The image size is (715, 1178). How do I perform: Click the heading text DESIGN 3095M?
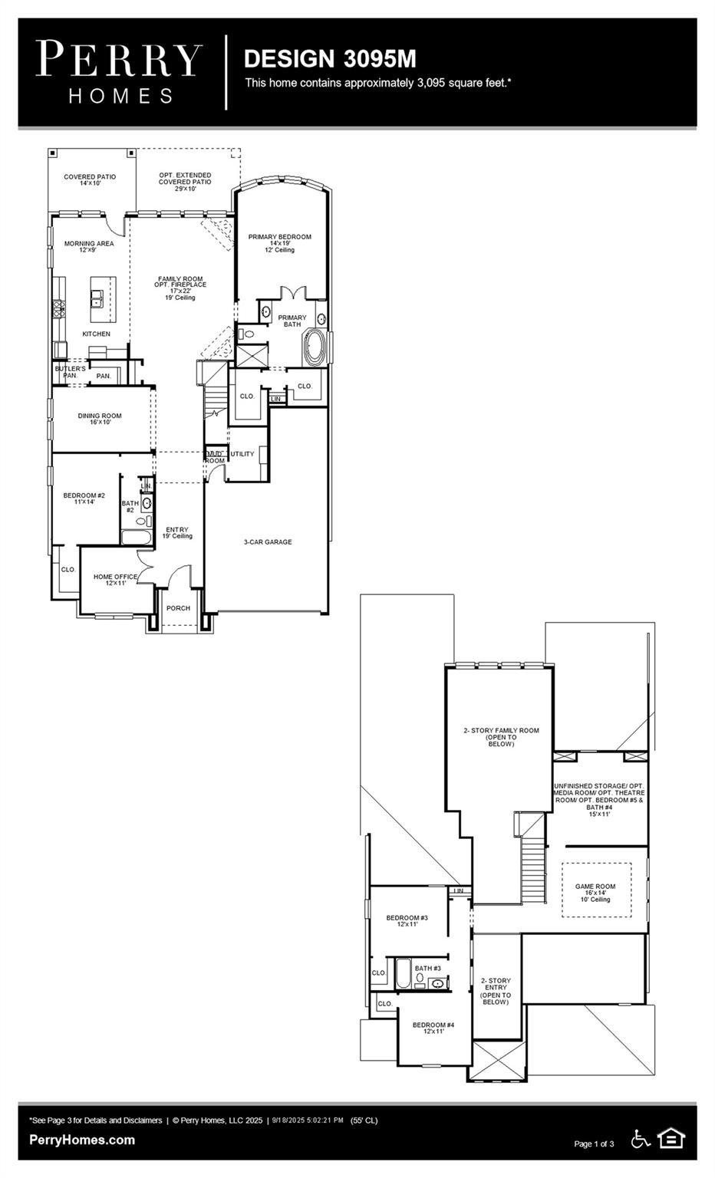(330, 58)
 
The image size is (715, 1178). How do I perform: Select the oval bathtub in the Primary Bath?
(315, 346)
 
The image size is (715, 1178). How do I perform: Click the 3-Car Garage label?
(268, 542)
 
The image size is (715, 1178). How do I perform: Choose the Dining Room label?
(100, 419)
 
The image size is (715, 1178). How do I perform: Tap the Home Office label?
(115, 580)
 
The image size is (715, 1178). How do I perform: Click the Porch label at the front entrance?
(178, 608)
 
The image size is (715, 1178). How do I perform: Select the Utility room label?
(242, 454)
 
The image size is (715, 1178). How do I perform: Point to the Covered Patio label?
(90, 180)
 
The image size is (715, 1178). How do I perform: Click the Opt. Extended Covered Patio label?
(185, 182)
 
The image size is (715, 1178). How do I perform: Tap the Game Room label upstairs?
(595, 892)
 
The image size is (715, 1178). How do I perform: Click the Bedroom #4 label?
(433, 1028)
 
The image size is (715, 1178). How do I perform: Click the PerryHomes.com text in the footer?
(82, 1140)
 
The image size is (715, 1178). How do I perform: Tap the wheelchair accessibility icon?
(641, 1139)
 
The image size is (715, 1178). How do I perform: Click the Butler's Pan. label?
(70, 372)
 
